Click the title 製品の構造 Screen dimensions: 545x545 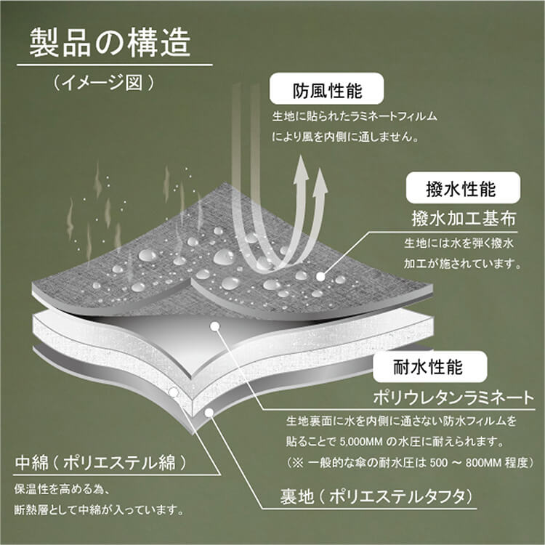(110, 43)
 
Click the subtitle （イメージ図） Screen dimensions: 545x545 (103, 83)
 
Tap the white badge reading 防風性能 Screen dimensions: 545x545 (327, 89)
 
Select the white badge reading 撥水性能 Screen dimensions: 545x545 (463, 187)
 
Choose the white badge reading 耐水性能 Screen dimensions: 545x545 (430, 367)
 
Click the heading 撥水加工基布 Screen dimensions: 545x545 (464, 219)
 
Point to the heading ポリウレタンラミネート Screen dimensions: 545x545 (453, 397)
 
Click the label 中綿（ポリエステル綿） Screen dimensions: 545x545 (101, 463)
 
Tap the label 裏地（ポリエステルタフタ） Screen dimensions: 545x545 (376, 497)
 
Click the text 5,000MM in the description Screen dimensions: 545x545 (360, 443)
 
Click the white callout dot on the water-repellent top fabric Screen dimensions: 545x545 (320, 277)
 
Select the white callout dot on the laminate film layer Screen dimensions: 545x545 (215, 326)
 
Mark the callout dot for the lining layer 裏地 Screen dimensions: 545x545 (209, 413)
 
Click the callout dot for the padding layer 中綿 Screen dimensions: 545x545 (174, 392)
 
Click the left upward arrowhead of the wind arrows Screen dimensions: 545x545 (301, 167)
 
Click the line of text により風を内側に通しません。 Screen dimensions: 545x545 (345, 137)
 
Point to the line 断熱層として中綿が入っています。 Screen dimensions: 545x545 (99, 510)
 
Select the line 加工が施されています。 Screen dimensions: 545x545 (463, 265)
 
